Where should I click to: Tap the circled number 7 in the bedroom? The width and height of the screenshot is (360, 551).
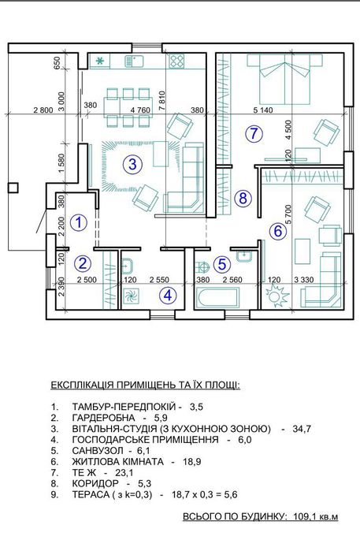point(252,133)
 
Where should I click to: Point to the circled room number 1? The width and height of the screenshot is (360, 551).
point(77,222)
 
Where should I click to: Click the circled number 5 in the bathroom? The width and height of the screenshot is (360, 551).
point(223,264)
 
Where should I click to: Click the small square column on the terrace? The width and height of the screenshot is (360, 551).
point(13,188)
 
